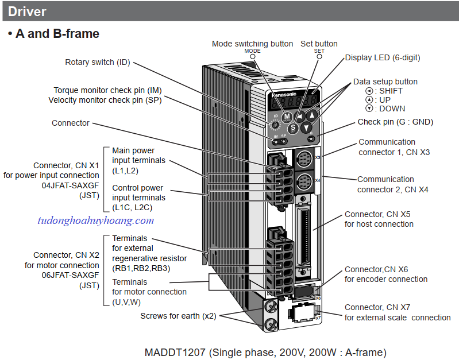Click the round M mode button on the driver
point(287,116)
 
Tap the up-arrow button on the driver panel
point(312,115)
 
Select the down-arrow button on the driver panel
point(307,128)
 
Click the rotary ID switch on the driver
point(275,125)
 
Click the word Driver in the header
point(28,11)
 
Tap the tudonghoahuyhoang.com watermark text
point(95,220)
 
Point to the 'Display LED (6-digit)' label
point(382,57)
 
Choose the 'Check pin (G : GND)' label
point(395,122)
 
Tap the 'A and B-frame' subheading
point(57,34)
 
